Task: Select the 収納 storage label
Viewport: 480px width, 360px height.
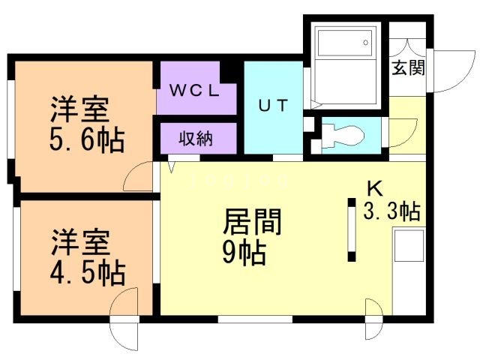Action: coord(196,138)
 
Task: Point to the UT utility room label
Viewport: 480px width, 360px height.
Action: coord(273,106)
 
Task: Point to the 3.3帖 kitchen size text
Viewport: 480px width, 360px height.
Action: coord(391,212)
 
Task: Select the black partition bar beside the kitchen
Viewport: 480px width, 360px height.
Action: coord(352,229)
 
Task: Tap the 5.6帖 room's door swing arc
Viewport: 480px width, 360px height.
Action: coord(138,179)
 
